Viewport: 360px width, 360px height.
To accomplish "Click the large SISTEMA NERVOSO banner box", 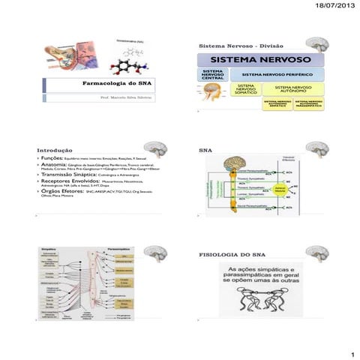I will click(x=260, y=59).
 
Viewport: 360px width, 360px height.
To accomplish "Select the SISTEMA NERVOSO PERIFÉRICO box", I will click(x=277, y=75).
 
